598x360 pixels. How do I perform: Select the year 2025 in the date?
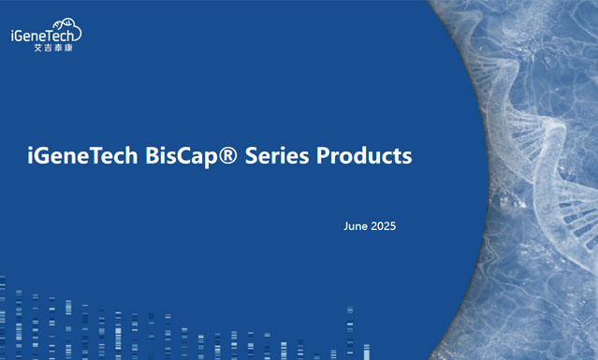[384, 226]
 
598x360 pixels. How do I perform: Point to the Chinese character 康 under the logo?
[68, 47]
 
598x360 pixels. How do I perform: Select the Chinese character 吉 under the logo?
[48, 47]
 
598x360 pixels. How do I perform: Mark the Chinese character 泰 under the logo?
[58, 47]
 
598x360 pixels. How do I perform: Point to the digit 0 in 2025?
[380, 226]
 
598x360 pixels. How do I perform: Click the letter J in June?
[346, 226]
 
